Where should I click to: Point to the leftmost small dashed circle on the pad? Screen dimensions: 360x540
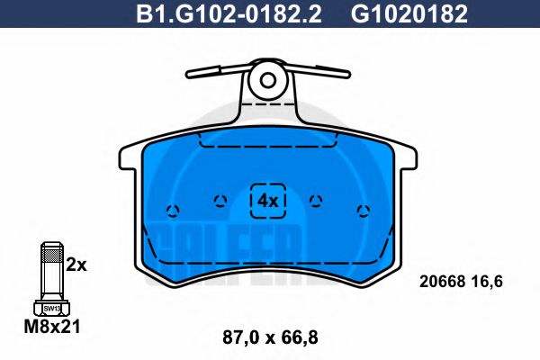(173, 211)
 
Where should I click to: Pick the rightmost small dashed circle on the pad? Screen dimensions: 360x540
(363, 211)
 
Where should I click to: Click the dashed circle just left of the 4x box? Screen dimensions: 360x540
(218, 201)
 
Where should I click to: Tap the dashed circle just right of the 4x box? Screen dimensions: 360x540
(315, 201)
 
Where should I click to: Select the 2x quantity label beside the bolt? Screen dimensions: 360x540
(76, 265)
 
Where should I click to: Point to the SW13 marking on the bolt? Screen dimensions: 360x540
(52, 307)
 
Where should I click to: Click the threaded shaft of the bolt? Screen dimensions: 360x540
(52, 270)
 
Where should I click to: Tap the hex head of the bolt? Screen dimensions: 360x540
(52, 308)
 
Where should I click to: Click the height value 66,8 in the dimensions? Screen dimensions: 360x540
(301, 338)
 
